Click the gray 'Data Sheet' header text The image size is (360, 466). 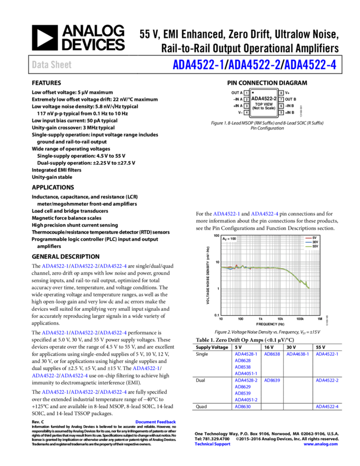tap(52, 65)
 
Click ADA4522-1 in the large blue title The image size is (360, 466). tap(198, 65)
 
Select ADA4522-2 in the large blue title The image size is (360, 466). tap(254, 65)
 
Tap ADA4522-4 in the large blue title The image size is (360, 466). tap(310, 65)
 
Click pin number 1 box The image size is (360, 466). tap(247, 93)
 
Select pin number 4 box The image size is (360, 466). tap(247, 112)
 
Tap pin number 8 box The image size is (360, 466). tap(281, 93)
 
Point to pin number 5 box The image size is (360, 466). tap(281, 112)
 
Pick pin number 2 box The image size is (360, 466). tap(247, 100)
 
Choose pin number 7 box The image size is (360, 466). tap(281, 100)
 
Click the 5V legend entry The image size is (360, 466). tap(315, 238)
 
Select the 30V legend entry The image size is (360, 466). tap(315, 242)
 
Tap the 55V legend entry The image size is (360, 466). tap(315, 246)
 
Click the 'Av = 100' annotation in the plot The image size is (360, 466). tap(229, 238)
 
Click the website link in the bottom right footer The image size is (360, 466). tap(321, 444)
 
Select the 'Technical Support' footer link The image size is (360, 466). tap(213, 444)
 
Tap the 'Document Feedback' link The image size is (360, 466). tap(156, 422)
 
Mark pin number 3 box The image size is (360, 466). tap(247, 106)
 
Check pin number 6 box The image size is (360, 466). tap(281, 106)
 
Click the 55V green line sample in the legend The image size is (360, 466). tap(308, 246)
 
